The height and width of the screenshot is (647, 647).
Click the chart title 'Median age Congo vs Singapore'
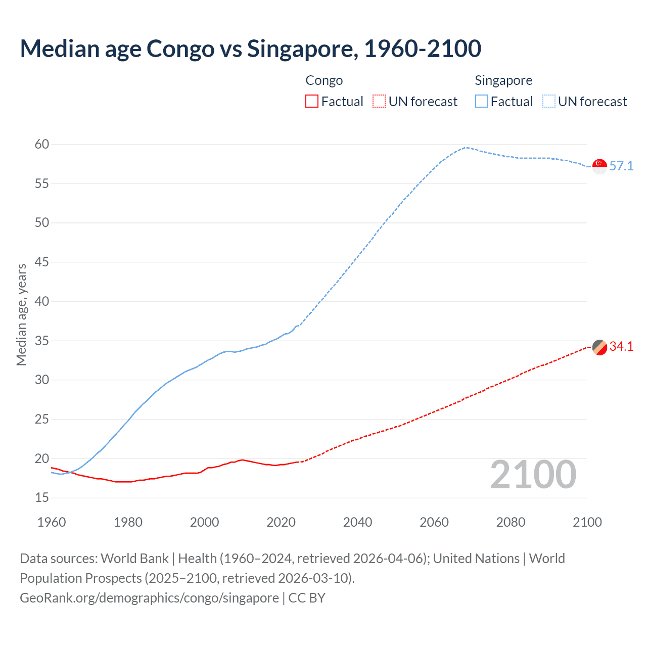250,49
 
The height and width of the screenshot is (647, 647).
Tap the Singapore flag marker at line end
599,166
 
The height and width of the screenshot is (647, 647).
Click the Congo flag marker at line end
599,347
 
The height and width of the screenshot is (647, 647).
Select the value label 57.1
621,166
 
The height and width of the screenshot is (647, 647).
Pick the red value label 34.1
621,347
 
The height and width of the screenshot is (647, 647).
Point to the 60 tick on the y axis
42,145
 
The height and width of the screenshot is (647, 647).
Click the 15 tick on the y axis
42,498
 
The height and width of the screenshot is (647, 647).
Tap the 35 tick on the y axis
42,341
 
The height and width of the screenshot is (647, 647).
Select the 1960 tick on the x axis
52,522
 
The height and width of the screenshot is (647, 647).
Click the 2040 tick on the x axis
357,522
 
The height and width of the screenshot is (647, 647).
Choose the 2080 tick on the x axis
511,522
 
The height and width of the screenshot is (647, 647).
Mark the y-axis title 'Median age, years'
21,314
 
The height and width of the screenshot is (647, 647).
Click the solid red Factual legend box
312,102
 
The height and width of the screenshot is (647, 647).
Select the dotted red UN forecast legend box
379,102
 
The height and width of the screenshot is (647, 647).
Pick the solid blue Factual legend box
482,102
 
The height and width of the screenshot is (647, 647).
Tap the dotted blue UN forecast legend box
548,102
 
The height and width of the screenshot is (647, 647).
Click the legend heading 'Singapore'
503,80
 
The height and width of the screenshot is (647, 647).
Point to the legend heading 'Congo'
324,80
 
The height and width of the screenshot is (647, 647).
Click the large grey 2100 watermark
533,475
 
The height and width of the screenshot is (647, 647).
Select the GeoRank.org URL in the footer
149,598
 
